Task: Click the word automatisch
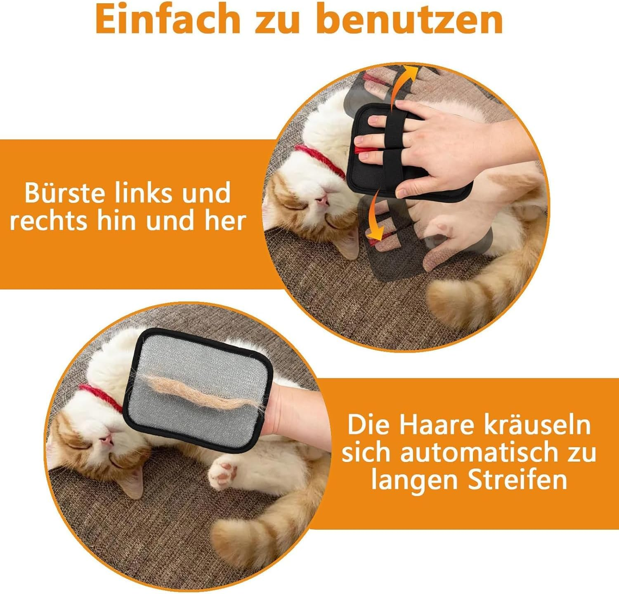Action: pyautogui.click(x=479, y=452)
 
